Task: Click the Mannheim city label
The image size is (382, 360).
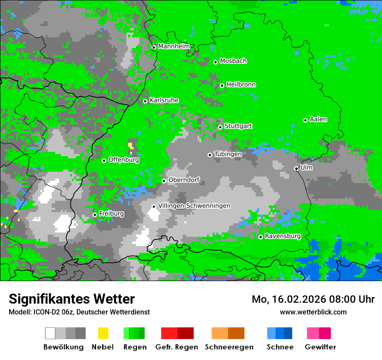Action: point(174,46)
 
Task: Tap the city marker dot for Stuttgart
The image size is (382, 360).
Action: point(220,127)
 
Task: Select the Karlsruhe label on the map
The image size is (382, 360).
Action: point(164,100)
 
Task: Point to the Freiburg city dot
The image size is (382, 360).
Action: point(95,215)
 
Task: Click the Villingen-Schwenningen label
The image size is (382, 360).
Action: point(194,206)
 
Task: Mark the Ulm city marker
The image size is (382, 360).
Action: point(296,168)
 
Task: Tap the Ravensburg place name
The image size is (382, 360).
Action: point(283,236)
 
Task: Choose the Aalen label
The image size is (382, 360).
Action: point(318,119)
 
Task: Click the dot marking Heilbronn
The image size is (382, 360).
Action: point(222,85)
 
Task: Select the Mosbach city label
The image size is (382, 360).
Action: point(233,61)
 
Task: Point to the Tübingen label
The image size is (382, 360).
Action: point(228,154)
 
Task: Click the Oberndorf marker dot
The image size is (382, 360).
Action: point(164,181)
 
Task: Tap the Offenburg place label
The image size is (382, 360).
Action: point(124,160)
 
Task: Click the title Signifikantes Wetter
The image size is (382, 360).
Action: point(72,299)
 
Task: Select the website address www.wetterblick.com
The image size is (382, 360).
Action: point(313,312)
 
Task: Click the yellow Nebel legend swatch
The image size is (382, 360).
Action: point(103,333)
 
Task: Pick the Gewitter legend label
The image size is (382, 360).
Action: point(320,347)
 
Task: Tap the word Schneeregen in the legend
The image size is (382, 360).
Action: point(229,347)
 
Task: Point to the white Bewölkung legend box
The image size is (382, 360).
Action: point(50,333)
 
